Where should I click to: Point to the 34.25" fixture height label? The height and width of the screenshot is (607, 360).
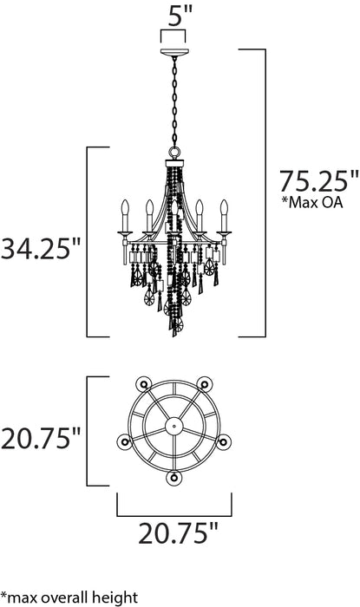pos(43,251)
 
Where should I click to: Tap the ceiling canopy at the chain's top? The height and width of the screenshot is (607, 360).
pos(174,54)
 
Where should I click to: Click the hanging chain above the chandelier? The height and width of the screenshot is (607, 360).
pos(174,104)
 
